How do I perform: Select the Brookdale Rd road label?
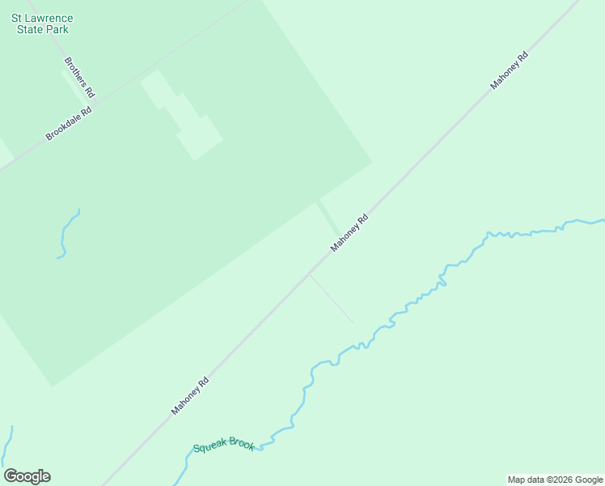pos(69,122)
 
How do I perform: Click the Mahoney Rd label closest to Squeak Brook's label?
pos(190,396)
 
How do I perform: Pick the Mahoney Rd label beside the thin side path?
pos(349,232)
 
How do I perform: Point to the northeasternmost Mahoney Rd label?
pos(510,70)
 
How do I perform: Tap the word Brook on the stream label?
pos(242,443)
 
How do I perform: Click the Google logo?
pos(27,476)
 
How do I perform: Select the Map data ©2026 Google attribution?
pos(555,480)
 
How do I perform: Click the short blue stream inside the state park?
pos(66,235)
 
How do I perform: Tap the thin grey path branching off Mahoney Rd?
pos(332,299)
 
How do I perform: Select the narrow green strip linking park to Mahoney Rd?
pos(328,217)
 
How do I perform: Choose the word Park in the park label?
pos(57,29)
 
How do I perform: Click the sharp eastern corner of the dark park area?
pos(371,162)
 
